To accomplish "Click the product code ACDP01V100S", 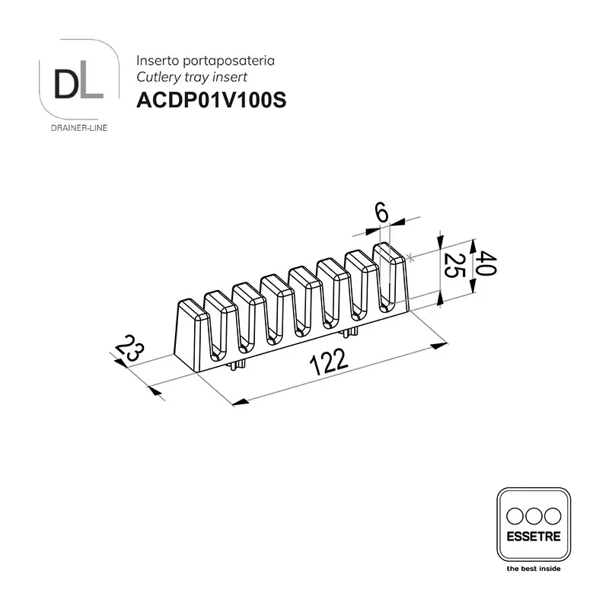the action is coord(212,100).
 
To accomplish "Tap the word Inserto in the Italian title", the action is coord(158,61).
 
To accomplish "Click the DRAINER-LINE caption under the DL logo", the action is coord(79,128).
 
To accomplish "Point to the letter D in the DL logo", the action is coord(67,84).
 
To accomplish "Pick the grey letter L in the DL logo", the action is coord(92,84).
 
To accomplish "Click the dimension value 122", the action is coord(328,362).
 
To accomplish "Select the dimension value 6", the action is coord(382,213).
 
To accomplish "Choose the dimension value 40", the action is coord(486,263).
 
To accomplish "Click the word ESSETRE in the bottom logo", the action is coord(534,537).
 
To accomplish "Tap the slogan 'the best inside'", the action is coord(534,569).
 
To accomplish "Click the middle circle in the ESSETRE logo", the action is coord(534,516).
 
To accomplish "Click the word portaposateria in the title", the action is coord(229,62).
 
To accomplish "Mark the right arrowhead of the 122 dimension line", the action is coord(440,346).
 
